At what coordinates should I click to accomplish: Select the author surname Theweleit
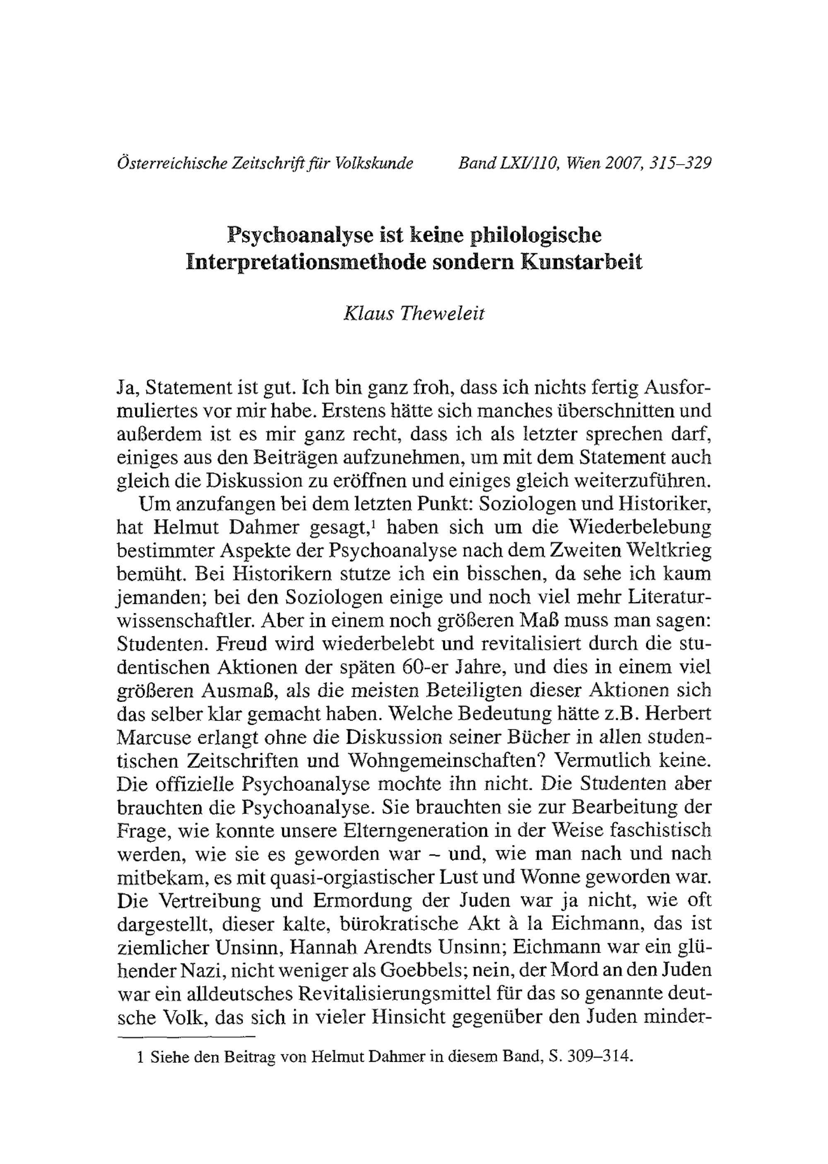coord(442,313)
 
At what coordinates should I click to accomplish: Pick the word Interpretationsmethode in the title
coord(306,262)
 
